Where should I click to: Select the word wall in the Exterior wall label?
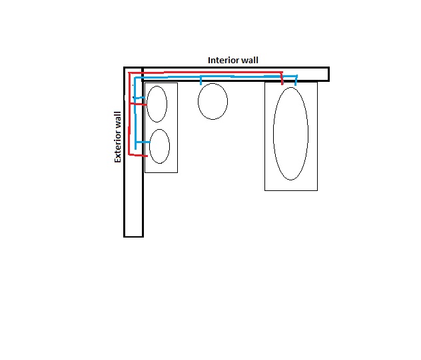coord(118,120)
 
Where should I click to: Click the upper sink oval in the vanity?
coord(147,104)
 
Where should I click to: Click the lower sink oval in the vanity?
coord(149,146)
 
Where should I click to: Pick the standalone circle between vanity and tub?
coord(198,101)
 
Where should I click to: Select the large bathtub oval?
coord(273,134)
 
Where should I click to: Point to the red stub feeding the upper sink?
coord(139,104)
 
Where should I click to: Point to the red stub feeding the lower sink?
coord(139,155)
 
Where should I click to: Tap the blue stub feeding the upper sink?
coord(140,98)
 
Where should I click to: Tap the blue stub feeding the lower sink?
coord(143,142)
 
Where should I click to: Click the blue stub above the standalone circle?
coord(201,81)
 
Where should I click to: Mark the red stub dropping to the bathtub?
coord(282,79)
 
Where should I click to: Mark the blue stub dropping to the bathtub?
coord(296,81)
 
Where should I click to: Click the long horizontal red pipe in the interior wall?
coord(205,73)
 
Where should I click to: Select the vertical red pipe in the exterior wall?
coord(129,114)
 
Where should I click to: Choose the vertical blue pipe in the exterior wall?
coord(135,113)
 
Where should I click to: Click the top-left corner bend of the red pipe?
coord(129,73)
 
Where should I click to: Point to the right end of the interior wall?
coord(329,74)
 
